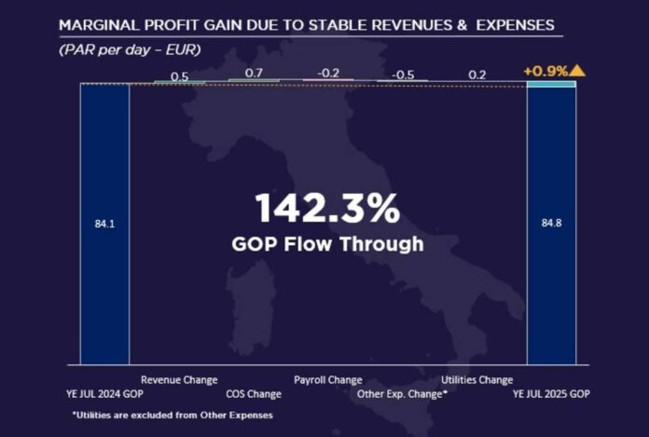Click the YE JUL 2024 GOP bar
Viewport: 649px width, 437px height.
(104, 280)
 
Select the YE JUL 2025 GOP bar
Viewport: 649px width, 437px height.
(551, 280)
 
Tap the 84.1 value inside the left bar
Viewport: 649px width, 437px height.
(104, 223)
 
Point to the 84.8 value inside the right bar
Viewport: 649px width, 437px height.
(551, 223)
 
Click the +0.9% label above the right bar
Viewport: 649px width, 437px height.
(545, 70)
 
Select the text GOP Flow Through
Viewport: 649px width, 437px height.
(327, 244)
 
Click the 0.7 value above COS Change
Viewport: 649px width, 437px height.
(254, 73)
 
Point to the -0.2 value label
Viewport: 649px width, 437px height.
(328, 72)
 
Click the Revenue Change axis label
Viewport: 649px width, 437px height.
(179, 380)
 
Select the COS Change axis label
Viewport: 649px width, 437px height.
(253, 394)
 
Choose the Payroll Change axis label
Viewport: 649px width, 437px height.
(328, 380)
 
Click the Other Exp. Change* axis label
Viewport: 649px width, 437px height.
(403, 394)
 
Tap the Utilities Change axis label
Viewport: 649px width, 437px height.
(476, 380)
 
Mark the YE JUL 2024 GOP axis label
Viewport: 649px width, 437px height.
(104, 394)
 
